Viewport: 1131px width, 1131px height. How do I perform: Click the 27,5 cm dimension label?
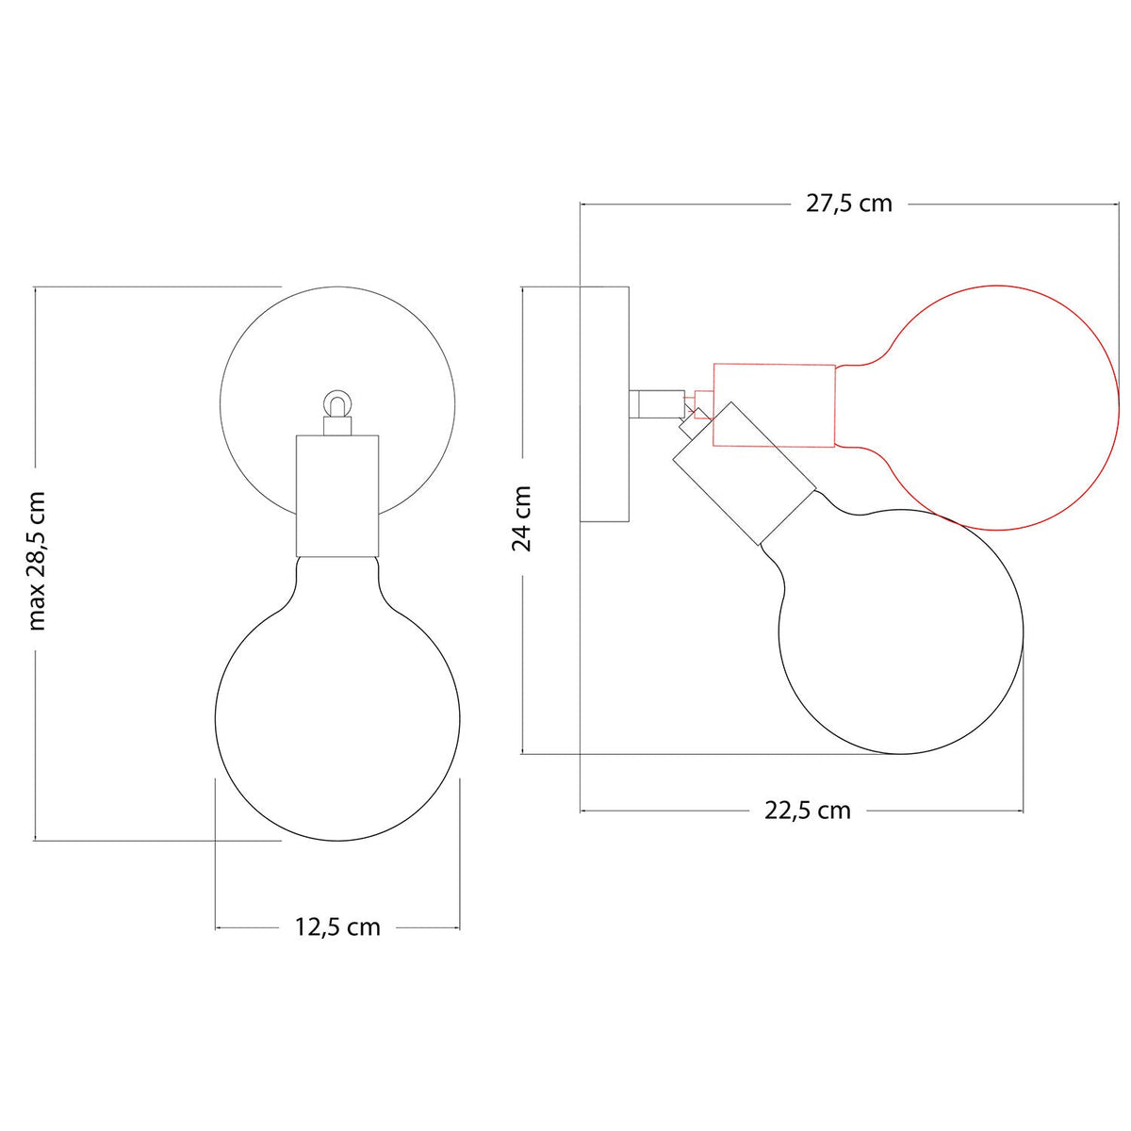(x=848, y=203)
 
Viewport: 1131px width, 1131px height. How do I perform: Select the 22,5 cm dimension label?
(x=807, y=811)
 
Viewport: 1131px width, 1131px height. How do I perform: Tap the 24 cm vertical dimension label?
(x=522, y=518)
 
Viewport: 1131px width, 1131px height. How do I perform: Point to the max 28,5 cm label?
(x=37, y=561)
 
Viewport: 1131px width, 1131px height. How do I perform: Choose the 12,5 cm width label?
(x=336, y=927)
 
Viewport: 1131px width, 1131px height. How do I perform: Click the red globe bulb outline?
(x=1119, y=407)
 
